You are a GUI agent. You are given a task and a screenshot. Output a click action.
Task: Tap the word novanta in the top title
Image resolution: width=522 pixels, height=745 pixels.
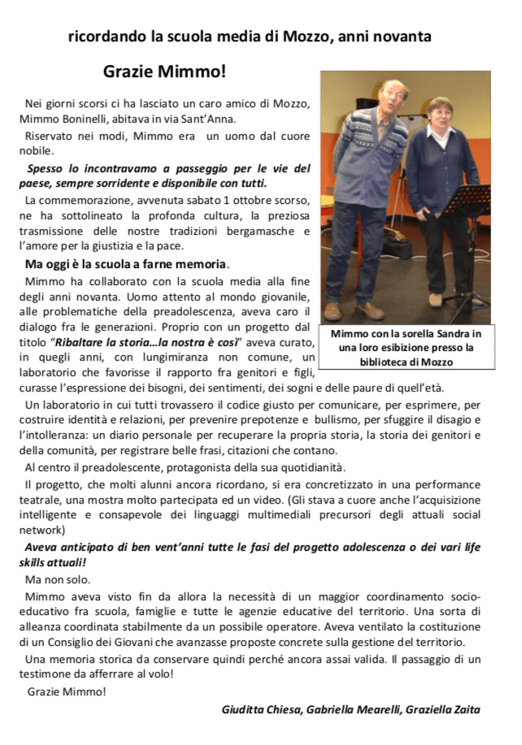pyautogui.click(x=399, y=37)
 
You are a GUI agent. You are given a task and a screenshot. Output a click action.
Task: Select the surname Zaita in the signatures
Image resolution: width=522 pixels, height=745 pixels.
pyautogui.click(x=463, y=708)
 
